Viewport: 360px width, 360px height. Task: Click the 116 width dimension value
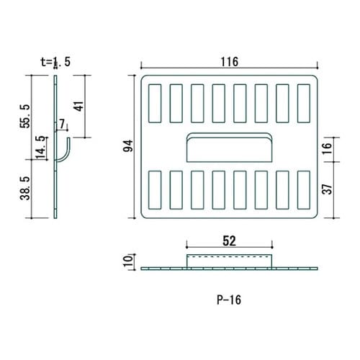(230, 62)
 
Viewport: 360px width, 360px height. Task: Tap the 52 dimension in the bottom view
(230, 240)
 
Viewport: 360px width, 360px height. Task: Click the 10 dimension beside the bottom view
(128, 260)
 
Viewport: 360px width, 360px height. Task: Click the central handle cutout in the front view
(230, 148)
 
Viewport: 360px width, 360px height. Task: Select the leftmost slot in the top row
(155, 103)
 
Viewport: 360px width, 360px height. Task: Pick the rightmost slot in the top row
(304, 103)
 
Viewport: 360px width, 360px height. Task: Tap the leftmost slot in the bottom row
(155, 189)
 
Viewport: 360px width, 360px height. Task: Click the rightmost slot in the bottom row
(304, 189)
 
